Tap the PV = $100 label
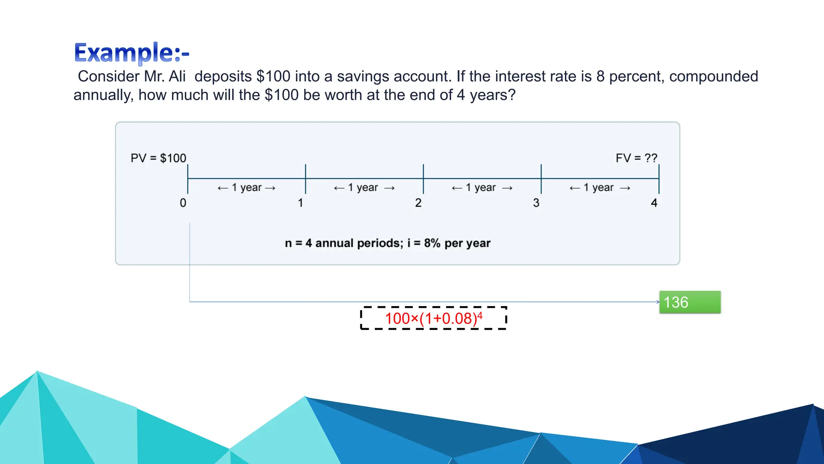point(159,158)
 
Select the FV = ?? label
point(636,158)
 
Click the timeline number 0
point(183,203)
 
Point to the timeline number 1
point(301,203)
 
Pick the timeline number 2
point(418,203)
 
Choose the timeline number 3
point(536,203)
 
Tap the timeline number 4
point(654,203)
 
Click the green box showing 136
point(690,302)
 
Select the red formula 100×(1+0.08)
point(431,319)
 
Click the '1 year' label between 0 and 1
point(247,188)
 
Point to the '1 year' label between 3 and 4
point(599,188)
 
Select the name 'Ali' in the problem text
point(177,77)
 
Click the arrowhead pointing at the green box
point(658,302)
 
